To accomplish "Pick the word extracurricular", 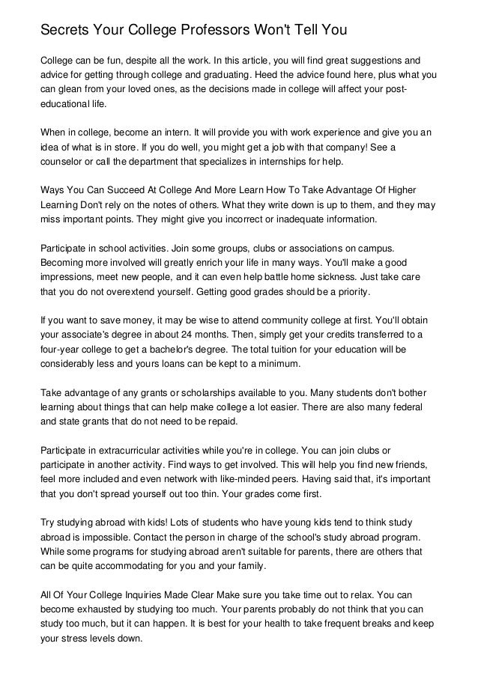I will (132, 451).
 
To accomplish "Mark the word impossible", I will (92, 538).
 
